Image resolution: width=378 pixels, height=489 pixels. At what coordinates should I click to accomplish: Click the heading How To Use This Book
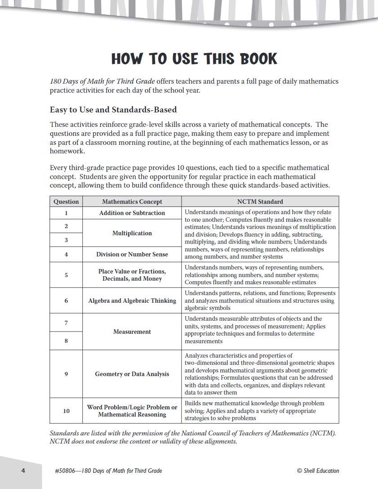pyautogui.click(x=194, y=59)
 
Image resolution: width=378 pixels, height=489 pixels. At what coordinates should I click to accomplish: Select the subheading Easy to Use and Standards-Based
pyautogui.click(x=113, y=110)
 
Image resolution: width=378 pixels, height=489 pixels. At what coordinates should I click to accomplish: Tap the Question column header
pyautogui.click(x=66, y=202)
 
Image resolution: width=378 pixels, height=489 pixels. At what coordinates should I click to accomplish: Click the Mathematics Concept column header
pyautogui.click(x=132, y=202)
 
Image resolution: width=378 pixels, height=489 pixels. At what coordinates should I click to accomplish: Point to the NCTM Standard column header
pyautogui.click(x=260, y=202)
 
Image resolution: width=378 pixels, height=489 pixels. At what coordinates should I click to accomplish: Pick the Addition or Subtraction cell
pyautogui.click(x=132, y=213)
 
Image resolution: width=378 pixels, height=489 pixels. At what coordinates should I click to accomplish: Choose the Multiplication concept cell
pyautogui.click(x=132, y=233)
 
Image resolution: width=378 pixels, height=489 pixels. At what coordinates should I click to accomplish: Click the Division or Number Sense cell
pyautogui.click(x=132, y=254)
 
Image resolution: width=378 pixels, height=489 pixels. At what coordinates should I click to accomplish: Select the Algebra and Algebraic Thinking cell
pyautogui.click(x=132, y=301)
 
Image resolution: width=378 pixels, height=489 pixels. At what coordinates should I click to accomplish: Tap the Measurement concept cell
pyautogui.click(x=132, y=332)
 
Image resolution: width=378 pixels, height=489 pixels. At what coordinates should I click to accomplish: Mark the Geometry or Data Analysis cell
pyautogui.click(x=132, y=374)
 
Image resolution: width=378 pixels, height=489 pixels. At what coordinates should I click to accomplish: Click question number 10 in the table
pyautogui.click(x=66, y=411)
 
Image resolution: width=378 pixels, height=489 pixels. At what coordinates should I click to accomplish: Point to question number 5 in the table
pyautogui.click(x=66, y=275)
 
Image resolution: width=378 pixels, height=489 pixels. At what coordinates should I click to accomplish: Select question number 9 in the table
pyautogui.click(x=66, y=374)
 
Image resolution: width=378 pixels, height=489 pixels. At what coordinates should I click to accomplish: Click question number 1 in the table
pyautogui.click(x=66, y=213)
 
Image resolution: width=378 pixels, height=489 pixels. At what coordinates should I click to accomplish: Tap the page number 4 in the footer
pyautogui.click(x=22, y=471)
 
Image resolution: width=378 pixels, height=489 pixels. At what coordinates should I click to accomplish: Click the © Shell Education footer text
pyautogui.click(x=318, y=471)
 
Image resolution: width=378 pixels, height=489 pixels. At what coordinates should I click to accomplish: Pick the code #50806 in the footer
pyautogui.click(x=65, y=471)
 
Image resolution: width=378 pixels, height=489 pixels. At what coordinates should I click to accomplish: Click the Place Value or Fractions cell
pyautogui.click(x=132, y=275)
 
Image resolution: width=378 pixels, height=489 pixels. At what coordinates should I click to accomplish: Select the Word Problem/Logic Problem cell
pyautogui.click(x=132, y=411)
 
